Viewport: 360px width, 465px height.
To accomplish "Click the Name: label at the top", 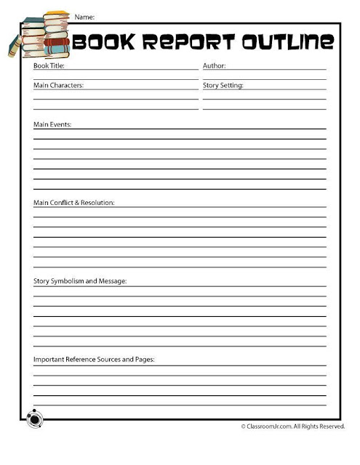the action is [84, 15].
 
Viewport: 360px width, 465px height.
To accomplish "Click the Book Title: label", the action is [49, 66].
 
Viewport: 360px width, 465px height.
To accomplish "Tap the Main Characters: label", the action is [59, 85].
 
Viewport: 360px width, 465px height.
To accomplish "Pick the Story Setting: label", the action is [223, 85].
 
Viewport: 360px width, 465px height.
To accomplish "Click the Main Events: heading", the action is [52, 125].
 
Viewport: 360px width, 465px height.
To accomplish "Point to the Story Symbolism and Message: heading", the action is [80, 280].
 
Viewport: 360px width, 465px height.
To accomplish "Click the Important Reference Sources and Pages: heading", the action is [95, 359].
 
